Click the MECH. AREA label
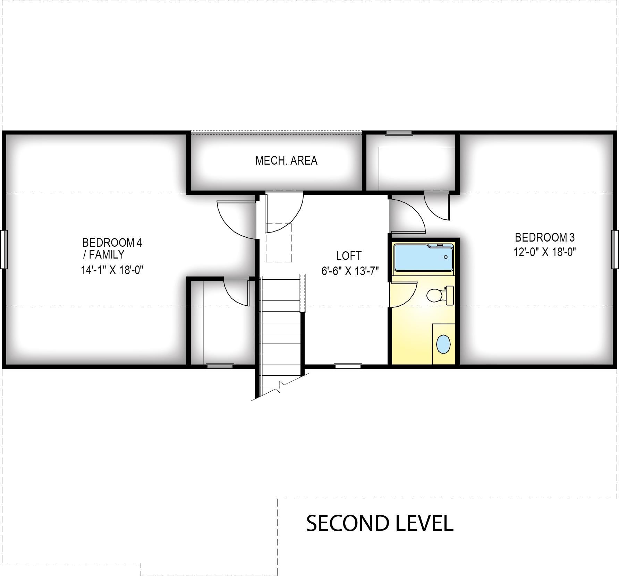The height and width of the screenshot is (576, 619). click(x=286, y=160)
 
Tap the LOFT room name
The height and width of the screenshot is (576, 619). click(x=349, y=256)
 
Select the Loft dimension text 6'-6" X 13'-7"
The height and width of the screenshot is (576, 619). click(x=350, y=271)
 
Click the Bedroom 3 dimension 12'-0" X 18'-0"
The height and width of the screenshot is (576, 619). click(x=545, y=252)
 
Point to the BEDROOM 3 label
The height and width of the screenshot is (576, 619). click(x=545, y=237)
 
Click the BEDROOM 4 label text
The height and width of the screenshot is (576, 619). click(x=112, y=242)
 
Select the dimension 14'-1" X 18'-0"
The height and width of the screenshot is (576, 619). click(x=112, y=270)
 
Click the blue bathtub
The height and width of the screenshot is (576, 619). click(x=424, y=258)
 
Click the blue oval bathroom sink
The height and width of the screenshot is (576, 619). click(x=443, y=344)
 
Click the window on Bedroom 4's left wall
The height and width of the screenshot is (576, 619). click(x=4, y=250)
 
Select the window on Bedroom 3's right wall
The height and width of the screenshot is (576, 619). click(x=615, y=250)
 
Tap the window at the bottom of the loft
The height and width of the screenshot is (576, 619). click(x=348, y=366)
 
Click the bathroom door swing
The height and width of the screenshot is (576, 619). click(x=404, y=295)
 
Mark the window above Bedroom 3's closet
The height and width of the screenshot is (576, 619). click(x=399, y=133)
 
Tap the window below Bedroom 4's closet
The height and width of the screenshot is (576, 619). click(x=220, y=366)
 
